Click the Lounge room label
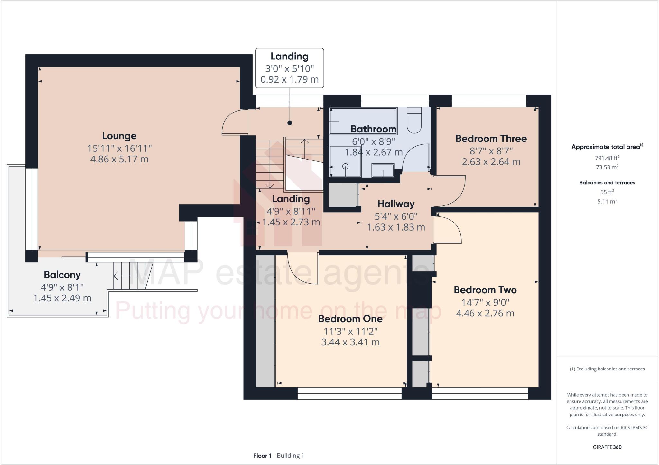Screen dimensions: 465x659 pos(119,136)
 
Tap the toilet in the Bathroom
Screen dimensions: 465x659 pos(414,121)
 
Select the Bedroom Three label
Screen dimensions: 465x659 pos(491,139)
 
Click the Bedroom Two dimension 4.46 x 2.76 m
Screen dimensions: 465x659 pos(485,313)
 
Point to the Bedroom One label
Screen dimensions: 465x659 pos(350,319)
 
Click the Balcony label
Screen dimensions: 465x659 pos(62,275)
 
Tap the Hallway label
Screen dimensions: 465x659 pos(396,204)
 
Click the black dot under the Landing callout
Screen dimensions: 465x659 pos(290,123)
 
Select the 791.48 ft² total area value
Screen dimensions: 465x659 pos(607,158)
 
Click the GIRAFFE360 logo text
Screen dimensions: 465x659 pos(607,447)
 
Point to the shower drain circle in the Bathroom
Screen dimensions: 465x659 pos(345,166)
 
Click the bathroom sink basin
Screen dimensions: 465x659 pos(383,170)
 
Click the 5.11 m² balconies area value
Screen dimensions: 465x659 pos(607,202)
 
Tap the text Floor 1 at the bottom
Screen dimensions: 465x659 pos(262,456)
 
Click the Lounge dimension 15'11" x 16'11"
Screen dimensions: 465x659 pos(119,149)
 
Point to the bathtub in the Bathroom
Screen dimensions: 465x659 pos(363,121)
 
